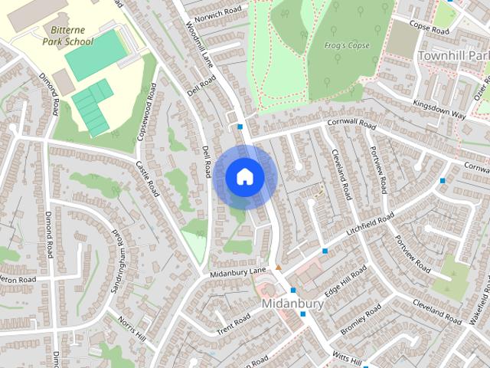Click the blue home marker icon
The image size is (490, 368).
coord(244,176)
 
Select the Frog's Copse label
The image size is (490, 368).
coord(346,45)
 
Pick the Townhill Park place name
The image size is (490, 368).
coord(453,56)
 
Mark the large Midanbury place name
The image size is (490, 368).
coord(292,304)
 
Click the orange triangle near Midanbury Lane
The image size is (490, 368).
coord(278,268)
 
